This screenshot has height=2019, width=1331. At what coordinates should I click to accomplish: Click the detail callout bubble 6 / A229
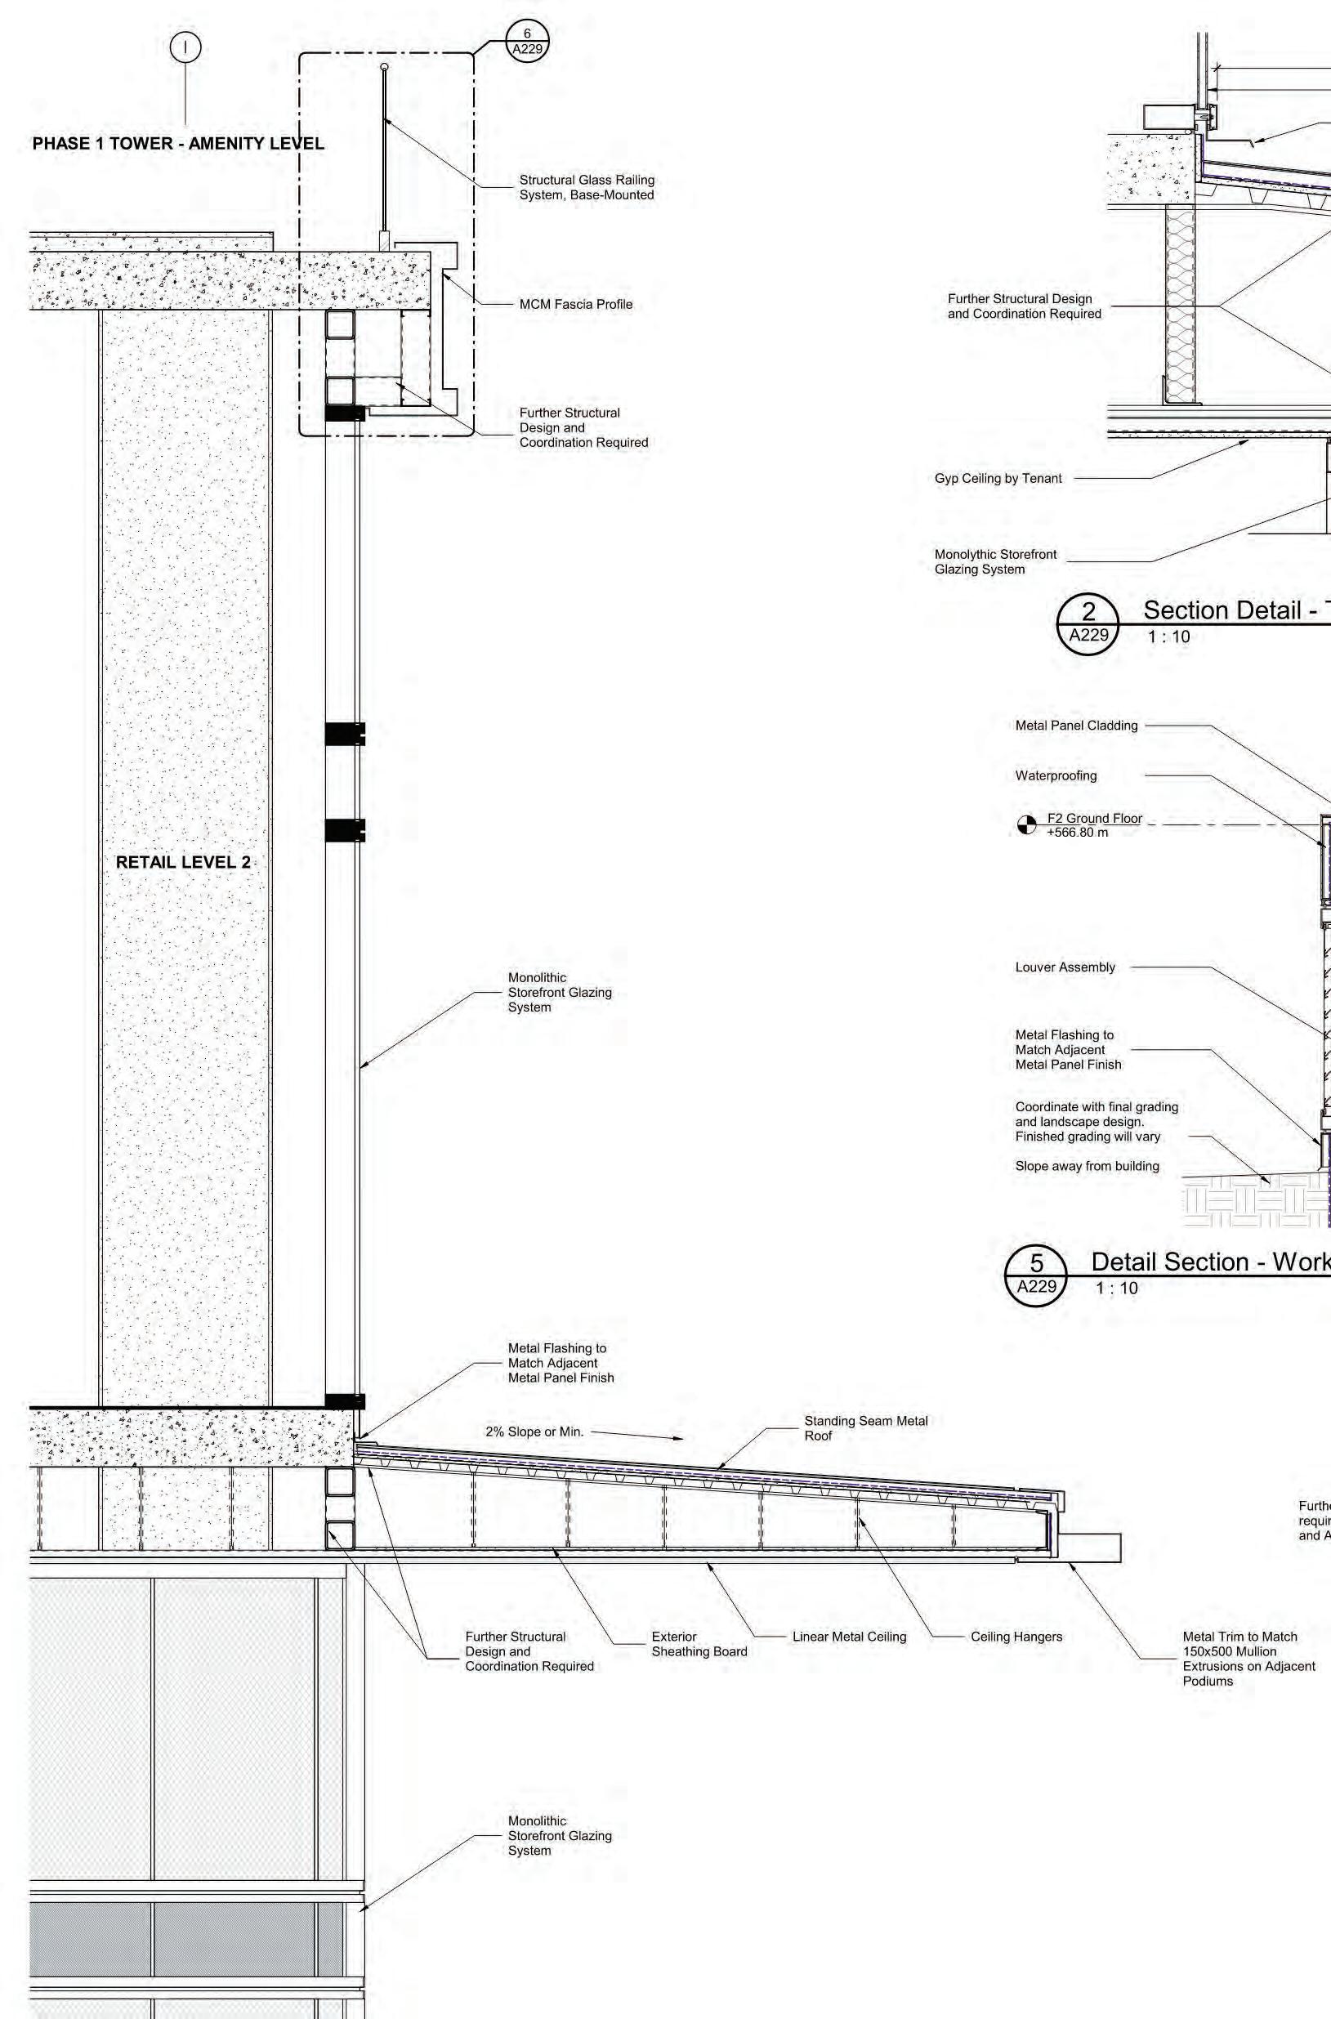(x=527, y=41)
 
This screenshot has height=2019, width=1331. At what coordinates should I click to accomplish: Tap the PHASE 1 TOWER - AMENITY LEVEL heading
(x=178, y=144)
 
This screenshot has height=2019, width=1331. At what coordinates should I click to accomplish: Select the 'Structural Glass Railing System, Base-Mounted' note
(x=587, y=188)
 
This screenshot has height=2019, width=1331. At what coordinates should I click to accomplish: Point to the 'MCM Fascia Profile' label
(x=575, y=305)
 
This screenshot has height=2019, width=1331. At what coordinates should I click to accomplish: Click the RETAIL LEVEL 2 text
(x=183, y=862)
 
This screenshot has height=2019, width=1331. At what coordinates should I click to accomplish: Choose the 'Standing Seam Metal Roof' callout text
(x=866, y=1428)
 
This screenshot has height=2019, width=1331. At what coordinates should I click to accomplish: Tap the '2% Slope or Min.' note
(x=535, y=1432)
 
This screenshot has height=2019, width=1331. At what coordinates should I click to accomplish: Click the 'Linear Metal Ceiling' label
(x=849, y=1637)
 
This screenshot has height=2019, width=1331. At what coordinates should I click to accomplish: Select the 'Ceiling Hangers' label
(x=1016, y=1637)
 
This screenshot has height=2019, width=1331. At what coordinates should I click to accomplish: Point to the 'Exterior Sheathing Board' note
(x=699, y=1644)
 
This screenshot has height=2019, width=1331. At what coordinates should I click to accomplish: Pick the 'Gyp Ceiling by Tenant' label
(x=998, y=479)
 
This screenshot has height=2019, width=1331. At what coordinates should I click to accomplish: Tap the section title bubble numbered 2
(x=1089, y=623)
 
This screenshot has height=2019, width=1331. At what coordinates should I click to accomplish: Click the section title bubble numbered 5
(x=1037, y=1275)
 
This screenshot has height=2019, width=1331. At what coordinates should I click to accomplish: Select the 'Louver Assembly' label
(x=1065, y=967)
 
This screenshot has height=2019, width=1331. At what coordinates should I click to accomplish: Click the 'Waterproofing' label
(x=1056, y=775)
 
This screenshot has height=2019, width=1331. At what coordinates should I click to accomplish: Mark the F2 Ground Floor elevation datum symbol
(x=1027, y=825)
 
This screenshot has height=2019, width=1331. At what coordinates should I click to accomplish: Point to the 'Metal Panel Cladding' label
(x=1076, y=726)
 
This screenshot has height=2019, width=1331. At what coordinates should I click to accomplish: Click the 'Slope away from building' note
(x=1087, y=1166)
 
